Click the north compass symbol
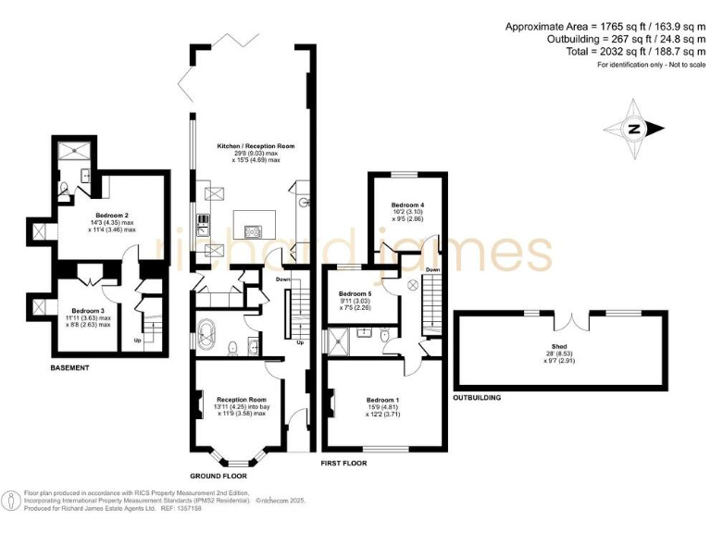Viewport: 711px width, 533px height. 633,130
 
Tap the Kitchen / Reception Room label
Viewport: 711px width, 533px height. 256,146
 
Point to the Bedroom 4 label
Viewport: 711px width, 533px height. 407,205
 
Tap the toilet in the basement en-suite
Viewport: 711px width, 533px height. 63,192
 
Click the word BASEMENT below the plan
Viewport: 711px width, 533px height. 70,367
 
